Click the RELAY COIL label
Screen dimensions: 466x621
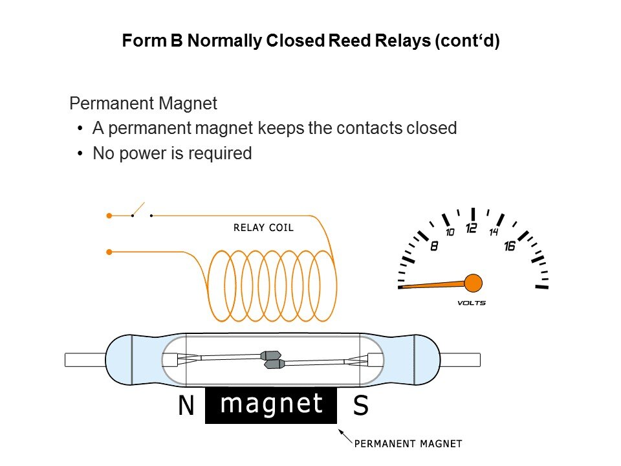click(263, 228)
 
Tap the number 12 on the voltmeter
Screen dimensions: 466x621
click(472, 228)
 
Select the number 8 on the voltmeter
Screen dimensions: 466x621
click(434, 245)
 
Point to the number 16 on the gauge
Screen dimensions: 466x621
click(510, 246)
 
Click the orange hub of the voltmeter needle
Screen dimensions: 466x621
click(474, 283)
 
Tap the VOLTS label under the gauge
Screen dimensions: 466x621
click(471, 303)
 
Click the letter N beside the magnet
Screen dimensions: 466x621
click(186, 406)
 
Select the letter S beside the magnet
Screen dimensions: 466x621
click(361, 406)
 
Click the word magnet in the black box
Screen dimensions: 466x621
click(271, 403)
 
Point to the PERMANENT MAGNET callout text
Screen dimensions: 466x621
click(408, 444)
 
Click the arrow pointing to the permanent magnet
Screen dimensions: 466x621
click(345, 436)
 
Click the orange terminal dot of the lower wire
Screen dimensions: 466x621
click(109, 251)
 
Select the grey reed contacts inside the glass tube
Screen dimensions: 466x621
click(272, 360)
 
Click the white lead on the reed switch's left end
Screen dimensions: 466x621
click(85, 359)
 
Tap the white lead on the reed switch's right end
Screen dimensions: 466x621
click(460, 359)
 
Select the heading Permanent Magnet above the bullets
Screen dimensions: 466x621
click(143, 104)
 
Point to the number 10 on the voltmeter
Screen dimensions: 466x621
click(450, 232)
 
